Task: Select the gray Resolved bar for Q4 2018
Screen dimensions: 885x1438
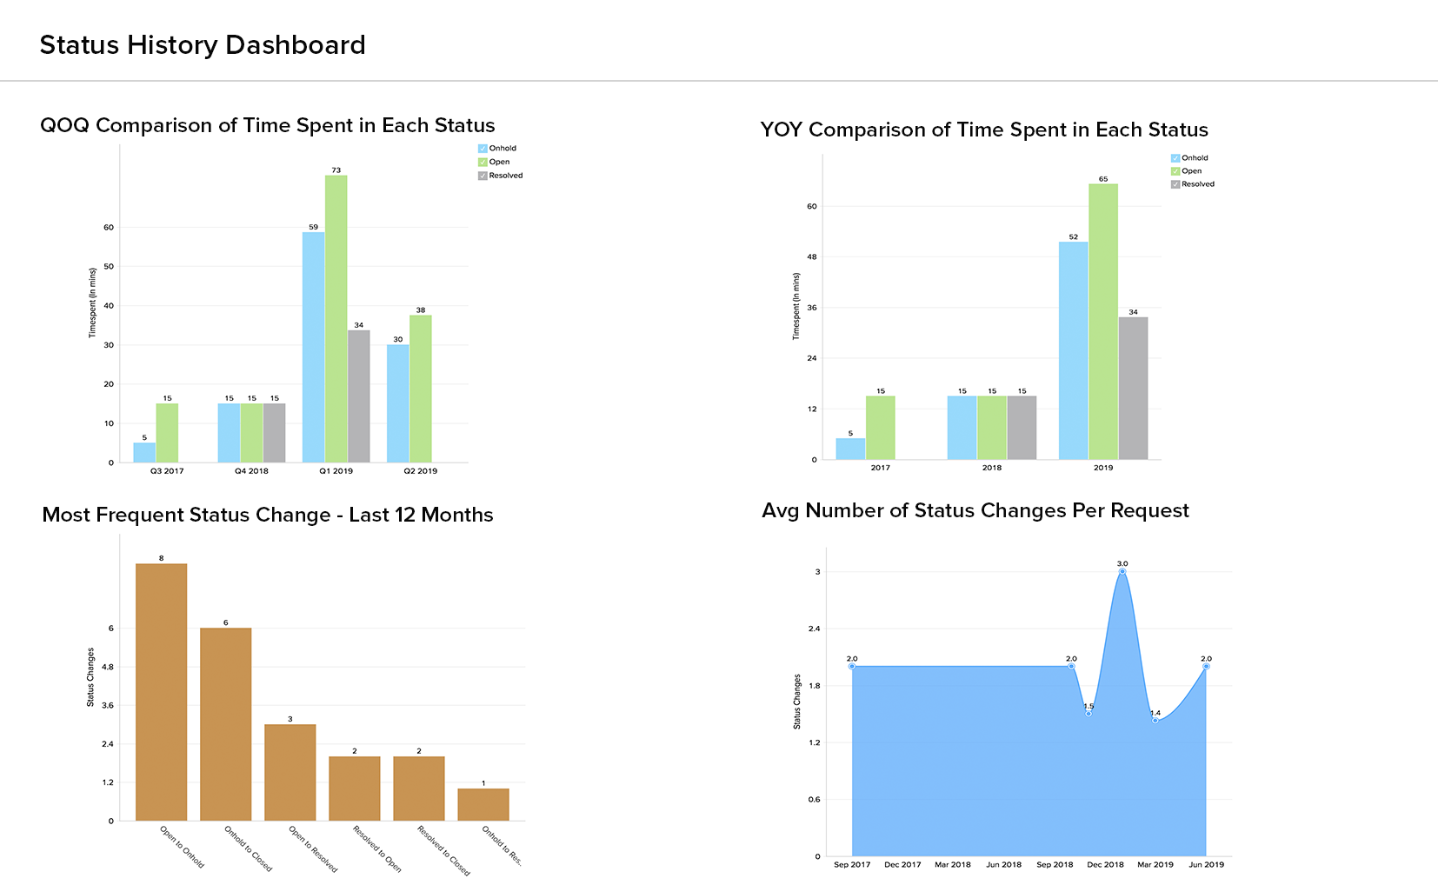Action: pos(274,432)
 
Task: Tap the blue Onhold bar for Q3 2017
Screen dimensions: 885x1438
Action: pos(144,452)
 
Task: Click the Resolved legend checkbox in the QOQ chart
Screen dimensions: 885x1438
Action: pos(483,176)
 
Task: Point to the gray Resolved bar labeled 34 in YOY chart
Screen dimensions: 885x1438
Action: pos(1133,388)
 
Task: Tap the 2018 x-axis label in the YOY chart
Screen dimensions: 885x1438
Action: pos(992,468)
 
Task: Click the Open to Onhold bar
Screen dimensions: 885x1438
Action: pos(161,691)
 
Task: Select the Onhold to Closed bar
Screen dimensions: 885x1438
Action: pos(226,723)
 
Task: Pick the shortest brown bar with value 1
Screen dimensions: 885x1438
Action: pos(483,804)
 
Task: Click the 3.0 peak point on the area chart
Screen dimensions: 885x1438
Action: pos(1122,571)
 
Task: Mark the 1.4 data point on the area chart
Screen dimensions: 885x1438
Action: pos(1155,720)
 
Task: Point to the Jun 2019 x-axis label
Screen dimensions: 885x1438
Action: pos(1206,865)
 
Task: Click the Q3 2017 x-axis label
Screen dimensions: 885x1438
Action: pos(167,471)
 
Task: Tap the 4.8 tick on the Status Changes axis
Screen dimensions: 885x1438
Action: pos(108,667)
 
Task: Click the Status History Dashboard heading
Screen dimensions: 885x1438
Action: pos(203,45)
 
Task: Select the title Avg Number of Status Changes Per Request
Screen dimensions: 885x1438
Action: pos(975,510)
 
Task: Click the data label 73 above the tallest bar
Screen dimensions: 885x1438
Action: pos(336,170)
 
